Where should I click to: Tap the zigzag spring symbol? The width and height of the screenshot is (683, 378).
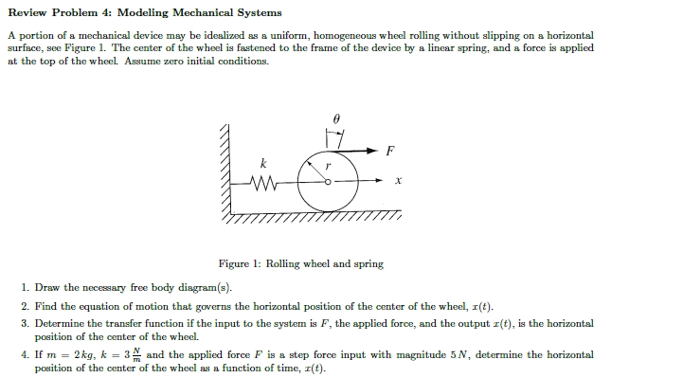[x=261, y=182]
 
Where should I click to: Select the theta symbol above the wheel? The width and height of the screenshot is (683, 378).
[x=333, y=118]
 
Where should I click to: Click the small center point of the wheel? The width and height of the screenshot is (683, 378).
[x=329, y=182]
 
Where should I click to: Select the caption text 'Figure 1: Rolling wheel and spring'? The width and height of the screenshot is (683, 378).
[x=300, y=263]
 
